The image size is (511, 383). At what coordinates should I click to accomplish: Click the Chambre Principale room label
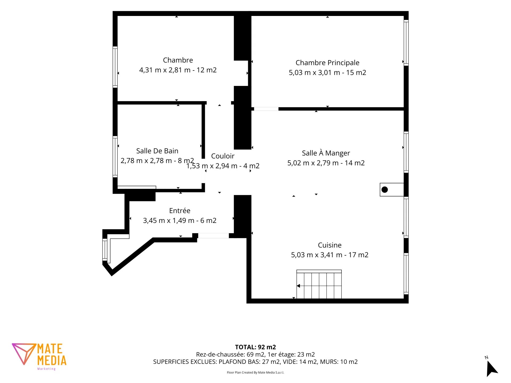click(327, 63)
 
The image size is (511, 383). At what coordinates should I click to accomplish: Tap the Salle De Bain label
click(157, 151)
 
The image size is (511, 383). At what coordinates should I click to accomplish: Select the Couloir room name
click(223, 156)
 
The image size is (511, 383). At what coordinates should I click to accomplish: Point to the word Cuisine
click(330, 245)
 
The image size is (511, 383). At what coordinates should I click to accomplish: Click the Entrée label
click(180, 211)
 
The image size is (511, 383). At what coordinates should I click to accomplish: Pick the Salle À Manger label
click(326, 153)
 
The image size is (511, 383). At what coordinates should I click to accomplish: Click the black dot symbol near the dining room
click(385, 190)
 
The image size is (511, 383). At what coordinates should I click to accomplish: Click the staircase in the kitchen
click(319, 284)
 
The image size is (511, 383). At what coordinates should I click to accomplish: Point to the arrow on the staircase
click(299, 286)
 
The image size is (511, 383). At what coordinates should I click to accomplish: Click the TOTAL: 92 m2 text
click(256, 347)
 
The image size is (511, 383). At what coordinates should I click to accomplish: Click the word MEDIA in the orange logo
click(52, 360)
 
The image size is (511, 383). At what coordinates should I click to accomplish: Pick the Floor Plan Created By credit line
click(256, 372)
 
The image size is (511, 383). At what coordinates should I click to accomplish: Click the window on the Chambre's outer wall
click(115, 67)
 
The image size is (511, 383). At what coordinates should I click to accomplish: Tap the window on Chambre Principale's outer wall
click(406, 43)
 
